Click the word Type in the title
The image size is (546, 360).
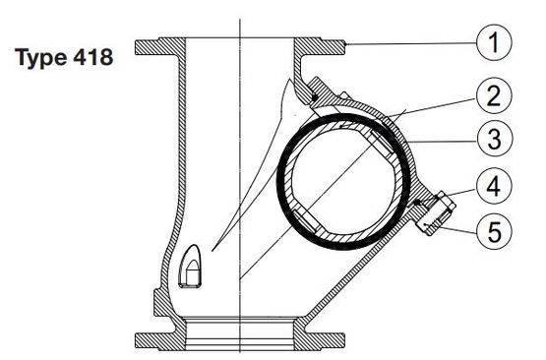41,57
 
